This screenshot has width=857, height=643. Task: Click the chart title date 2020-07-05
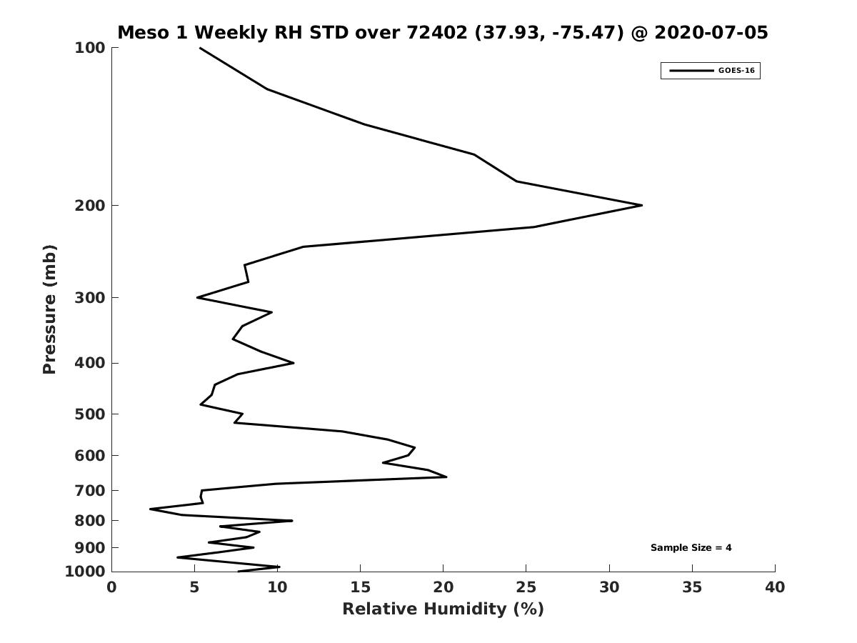[711, 32]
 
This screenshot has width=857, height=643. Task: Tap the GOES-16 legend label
[736, 71]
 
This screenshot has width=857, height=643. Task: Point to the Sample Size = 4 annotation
[691, 547]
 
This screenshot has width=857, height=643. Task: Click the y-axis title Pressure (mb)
[49, 309]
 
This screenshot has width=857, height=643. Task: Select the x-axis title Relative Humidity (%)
[443, 609]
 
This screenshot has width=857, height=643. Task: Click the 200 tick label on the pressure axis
[90, 205]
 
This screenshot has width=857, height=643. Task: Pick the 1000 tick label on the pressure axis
[85, 572]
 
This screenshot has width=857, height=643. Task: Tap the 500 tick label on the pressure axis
[90, 414]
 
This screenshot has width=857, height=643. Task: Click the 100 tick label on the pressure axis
[90, 48]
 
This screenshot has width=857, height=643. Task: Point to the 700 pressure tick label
[90, 490]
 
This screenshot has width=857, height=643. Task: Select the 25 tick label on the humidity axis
[526, 587]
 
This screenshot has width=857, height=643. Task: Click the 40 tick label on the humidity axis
[775, 587]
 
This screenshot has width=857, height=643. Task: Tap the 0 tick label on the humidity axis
[111, 587]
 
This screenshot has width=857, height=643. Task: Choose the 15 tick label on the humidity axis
[360, 587]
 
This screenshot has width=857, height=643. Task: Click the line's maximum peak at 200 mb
[642, 205]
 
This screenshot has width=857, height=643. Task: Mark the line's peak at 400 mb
[294, 363]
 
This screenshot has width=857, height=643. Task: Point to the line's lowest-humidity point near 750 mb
[150, 509]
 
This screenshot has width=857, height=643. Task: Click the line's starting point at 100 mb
[200, 48]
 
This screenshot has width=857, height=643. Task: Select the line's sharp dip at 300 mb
[197, 297]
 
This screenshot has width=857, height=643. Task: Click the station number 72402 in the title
[437, 32]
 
